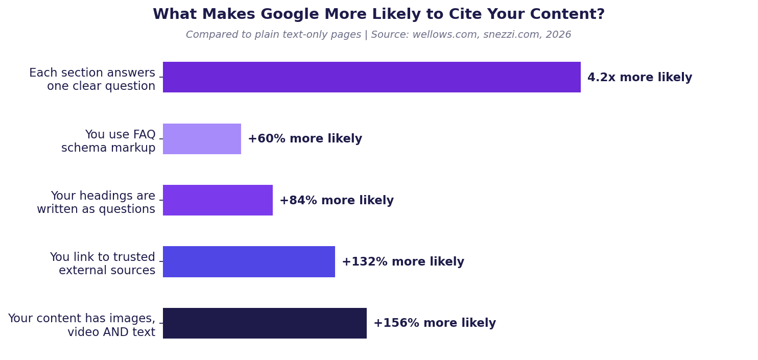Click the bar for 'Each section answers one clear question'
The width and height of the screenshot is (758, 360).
(371, 77)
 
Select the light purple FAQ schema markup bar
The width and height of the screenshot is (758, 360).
(202, 139)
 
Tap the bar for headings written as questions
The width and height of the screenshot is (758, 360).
(218, 200)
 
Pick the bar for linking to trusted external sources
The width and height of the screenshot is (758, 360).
(249, 261)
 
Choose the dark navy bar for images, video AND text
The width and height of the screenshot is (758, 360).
(265, 323)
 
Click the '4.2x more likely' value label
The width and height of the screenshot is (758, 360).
(639, 78)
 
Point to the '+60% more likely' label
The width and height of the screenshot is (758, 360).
(305, 139)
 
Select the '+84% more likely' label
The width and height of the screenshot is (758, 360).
(337, 201)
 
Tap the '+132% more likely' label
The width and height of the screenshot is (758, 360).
(403, 262)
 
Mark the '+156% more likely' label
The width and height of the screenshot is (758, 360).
(435, 323)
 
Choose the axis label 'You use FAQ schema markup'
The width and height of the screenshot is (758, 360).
(108, 141)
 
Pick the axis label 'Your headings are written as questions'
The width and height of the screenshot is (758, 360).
(96, 203)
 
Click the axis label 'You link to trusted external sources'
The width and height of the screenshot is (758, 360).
(103, 264)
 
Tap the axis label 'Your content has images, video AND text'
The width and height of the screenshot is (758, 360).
(82, 325)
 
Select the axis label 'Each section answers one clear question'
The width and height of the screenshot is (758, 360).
(92, 80)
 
